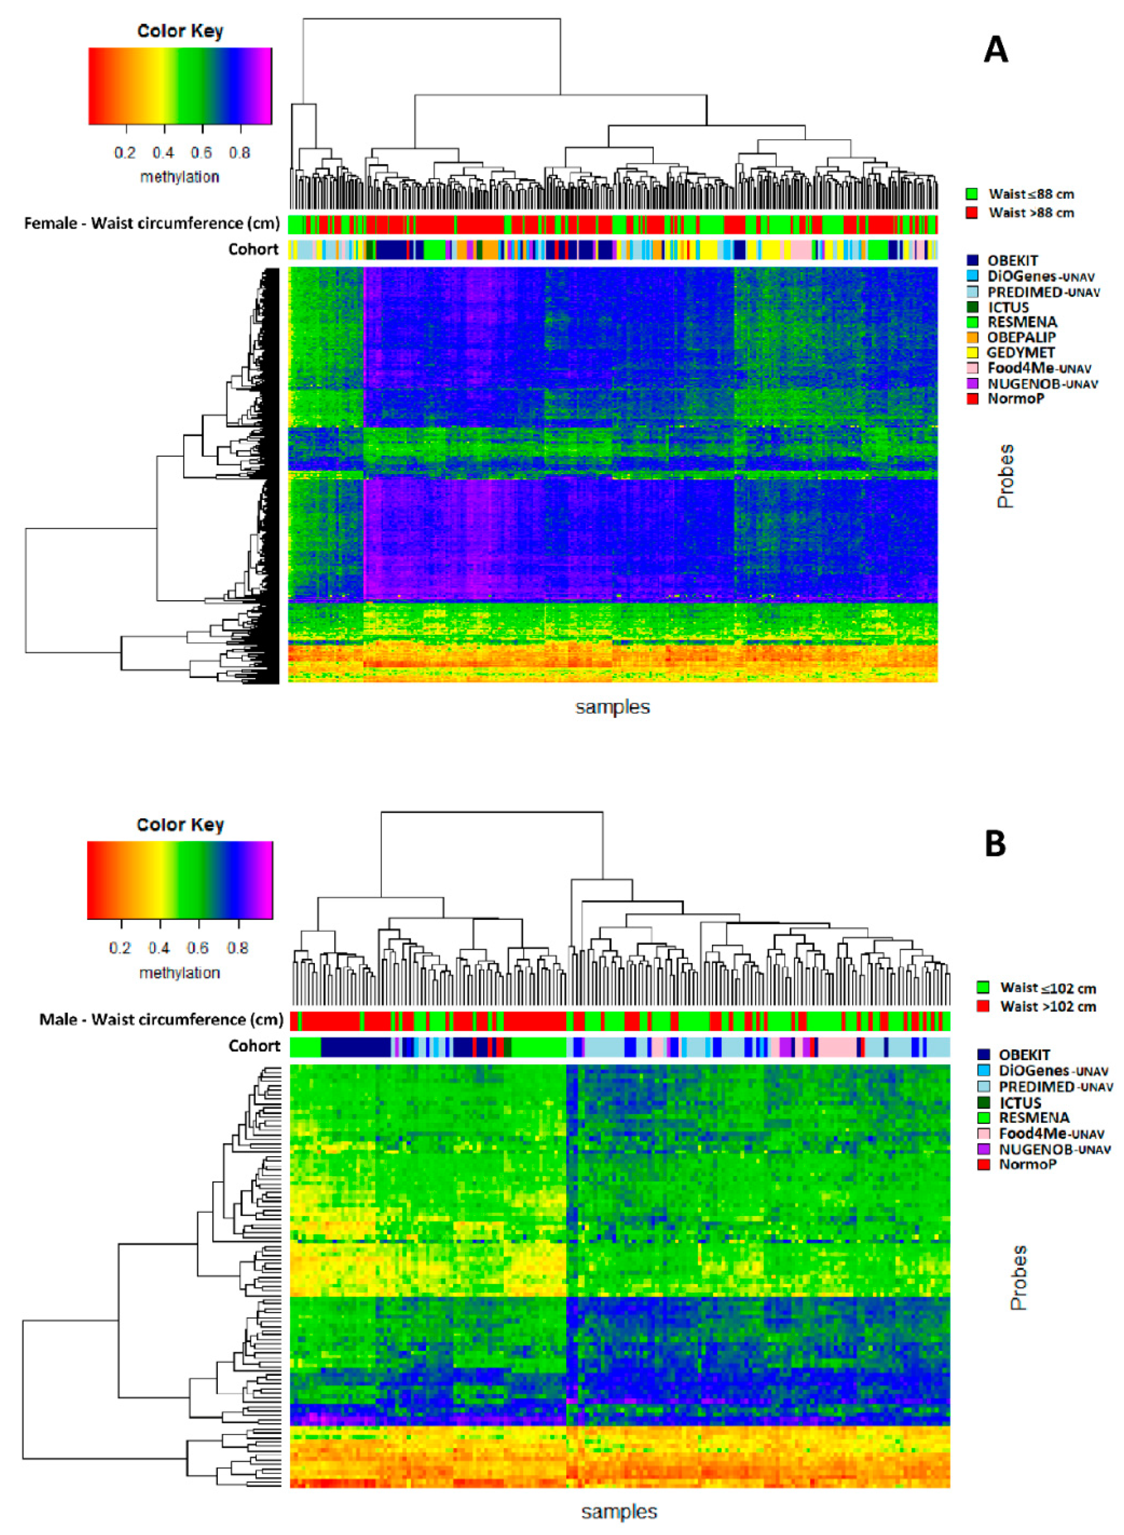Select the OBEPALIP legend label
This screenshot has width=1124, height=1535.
(1021, 337)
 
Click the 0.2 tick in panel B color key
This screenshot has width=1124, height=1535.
(120, 948)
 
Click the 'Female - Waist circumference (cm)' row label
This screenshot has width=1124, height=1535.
(152, 223)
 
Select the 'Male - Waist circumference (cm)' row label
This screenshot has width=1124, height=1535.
(160, 1019)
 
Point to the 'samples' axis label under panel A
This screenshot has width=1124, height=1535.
(612, 707)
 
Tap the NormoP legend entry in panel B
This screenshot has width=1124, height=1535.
(1027, 1164)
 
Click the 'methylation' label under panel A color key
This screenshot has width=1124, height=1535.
(179, 177)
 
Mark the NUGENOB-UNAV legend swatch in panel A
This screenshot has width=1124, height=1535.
(972, 383)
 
